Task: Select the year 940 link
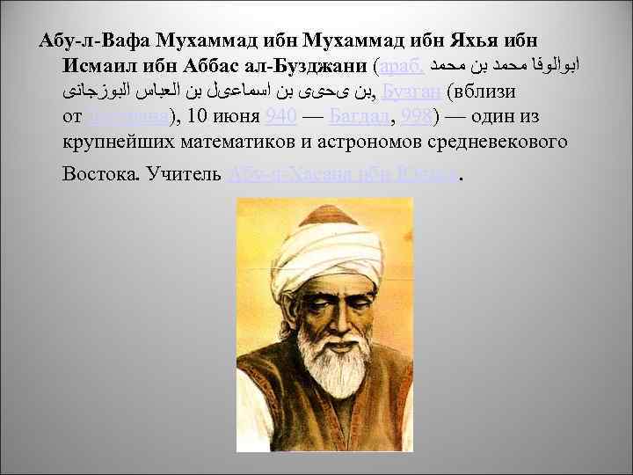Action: click(x=279, y=117)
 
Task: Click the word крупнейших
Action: click(x=123, y=142)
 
